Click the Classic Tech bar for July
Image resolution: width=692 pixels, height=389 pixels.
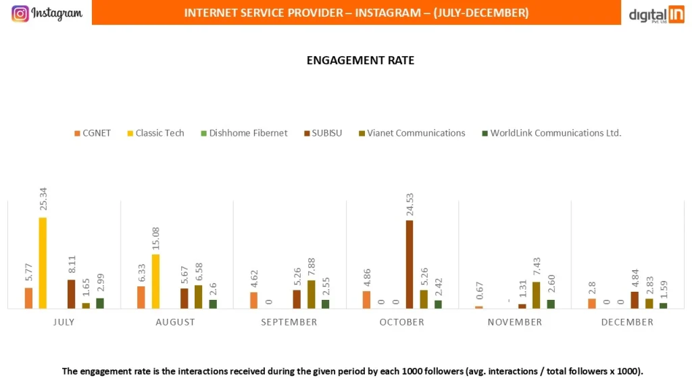[43, 263]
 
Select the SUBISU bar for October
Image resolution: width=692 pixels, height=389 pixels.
[409, 264]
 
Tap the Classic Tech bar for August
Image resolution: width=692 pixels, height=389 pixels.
[155, 281]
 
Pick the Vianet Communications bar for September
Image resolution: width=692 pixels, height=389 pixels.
[311, 294]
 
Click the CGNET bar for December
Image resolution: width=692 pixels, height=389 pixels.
[592, 303]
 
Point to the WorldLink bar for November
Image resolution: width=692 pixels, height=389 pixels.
[551, 304]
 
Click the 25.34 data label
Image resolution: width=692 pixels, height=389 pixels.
[43, 201]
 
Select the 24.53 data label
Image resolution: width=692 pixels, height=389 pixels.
[410, 204]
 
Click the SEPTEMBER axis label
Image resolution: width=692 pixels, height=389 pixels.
[289, 322]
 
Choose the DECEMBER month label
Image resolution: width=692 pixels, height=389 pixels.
[627, 322]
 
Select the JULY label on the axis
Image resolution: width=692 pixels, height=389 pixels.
[64, 322]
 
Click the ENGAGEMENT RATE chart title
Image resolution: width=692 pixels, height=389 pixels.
[360, 60]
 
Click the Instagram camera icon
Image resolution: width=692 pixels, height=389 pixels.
[20, 14]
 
